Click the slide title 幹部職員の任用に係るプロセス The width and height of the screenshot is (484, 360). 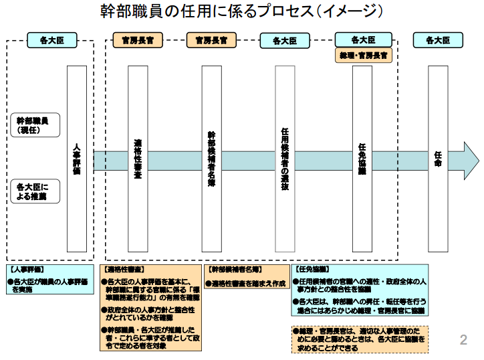pyautogui.click(x=241, y=11)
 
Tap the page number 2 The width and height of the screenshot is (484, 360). pyautogui.click(x=463, y=341)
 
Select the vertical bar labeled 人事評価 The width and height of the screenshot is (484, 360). pyautogui.click(x=77, y=159)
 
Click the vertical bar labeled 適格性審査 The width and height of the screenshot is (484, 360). pyautogui.click(x=138, y=159)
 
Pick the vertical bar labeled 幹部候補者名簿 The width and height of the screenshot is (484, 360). pyautogui.click(x=211, y=159)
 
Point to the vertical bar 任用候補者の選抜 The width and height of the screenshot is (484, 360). pyautogui.click(x=285, y=159)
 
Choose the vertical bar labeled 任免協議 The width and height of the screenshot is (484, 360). pyautogui.click(x=362, y=159)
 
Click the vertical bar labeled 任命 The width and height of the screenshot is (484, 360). pyautogui.click(x=438, y=159)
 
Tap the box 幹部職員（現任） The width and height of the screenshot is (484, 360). pyautogui.click(x=38, y=125)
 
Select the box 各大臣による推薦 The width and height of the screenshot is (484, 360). pyautogui.click(x=38, y=191)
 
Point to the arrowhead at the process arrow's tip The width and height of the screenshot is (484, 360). pyautogui.click(x=471, y=161)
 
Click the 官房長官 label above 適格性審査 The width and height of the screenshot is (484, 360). pyautogui.click(x=138, y=40)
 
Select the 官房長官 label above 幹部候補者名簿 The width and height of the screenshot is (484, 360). pyautogui.click(x=211, y=40)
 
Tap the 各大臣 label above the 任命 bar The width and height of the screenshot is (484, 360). pyautogui.click(x=438, y=40)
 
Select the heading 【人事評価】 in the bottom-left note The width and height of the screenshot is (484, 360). pyautogui.click(x=26, y=269)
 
